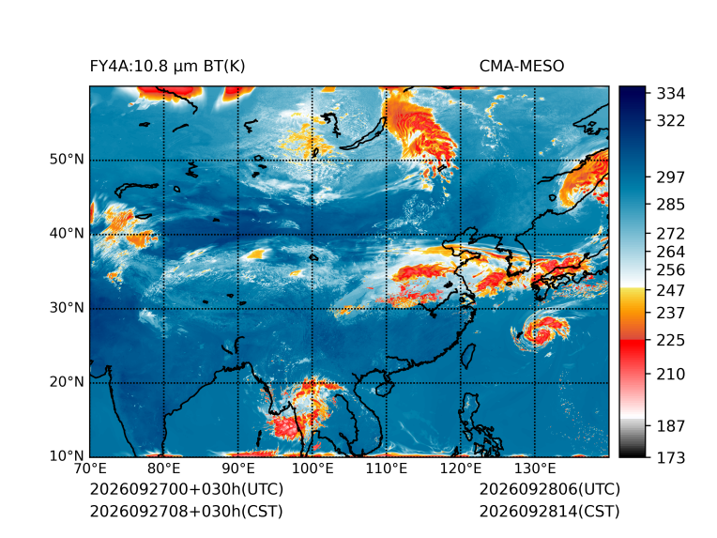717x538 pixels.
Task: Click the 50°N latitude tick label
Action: click(67, 160)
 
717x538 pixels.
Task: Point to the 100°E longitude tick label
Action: click(313, 469)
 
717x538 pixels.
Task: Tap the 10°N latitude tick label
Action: click(67, 456)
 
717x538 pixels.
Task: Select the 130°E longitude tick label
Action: click(535, 469)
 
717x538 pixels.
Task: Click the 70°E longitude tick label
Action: click(90, 469)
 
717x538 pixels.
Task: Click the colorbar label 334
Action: click(671, 94)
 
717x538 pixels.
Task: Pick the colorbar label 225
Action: click(671, 341)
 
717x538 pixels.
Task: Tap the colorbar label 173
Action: click(671, 457)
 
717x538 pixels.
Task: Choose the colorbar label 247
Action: click(671, 290)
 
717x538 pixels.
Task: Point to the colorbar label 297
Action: click(671, 177)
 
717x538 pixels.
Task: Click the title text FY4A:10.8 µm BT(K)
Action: click(167, 67)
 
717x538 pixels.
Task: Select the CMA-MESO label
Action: click(522, 67)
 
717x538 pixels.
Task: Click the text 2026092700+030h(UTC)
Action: click(187, 489)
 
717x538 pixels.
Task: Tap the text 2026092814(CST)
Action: click(550, 512)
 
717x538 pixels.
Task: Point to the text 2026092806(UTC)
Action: click(550, 489)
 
